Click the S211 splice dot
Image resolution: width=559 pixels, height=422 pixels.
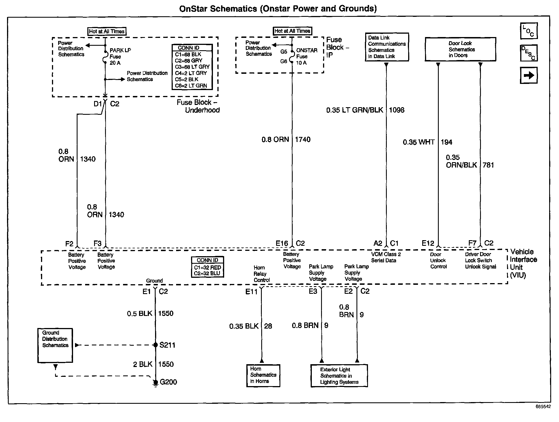pos(155,345)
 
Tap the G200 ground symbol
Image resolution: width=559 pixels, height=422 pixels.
pos(155,382)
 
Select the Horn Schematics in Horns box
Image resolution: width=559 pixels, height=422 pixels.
pos(263,375)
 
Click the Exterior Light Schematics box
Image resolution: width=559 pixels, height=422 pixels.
pos(339,376)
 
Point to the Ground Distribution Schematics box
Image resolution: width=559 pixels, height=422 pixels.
pos(55,345)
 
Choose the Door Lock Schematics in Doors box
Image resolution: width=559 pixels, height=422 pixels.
pos(460,49)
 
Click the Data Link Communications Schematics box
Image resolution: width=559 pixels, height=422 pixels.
pos(387,47)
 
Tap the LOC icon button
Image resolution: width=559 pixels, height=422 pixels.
pos(529,31)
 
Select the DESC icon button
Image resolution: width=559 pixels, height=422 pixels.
pos(529,53)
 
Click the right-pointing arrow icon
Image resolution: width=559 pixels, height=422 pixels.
pos(529,75)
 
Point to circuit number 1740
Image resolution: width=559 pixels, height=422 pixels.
pos(303,139)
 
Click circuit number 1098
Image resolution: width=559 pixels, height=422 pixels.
pos(397,110)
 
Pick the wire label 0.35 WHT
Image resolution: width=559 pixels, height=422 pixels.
pos(419,142)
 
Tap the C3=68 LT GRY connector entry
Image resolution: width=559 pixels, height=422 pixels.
pos(192,67)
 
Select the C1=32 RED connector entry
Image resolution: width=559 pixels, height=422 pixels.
pos(207,267)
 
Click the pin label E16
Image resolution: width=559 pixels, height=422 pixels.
pos(282,244)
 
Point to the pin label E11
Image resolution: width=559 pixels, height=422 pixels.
pos(251,292)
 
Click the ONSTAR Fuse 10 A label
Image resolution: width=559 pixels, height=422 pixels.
pos(306,56)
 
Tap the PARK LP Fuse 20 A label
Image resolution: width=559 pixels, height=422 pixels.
pos(120,56)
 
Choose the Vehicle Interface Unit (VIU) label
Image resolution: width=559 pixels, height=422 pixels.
pos(523,263)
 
